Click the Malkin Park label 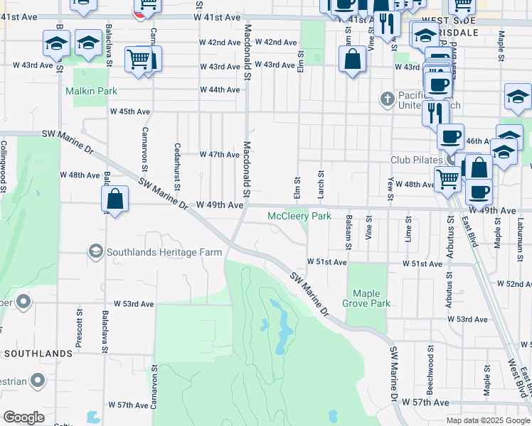[x=91, y=91]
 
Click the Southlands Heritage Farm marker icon [x=95, y=251]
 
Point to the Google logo [x=23, y=417]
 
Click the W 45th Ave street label [x=129, y=112]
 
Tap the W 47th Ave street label [x=219, y=154]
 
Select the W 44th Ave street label [x=220, y=89]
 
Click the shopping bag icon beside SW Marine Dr [x=115, y=201]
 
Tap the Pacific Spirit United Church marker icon [x=387, y=97]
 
